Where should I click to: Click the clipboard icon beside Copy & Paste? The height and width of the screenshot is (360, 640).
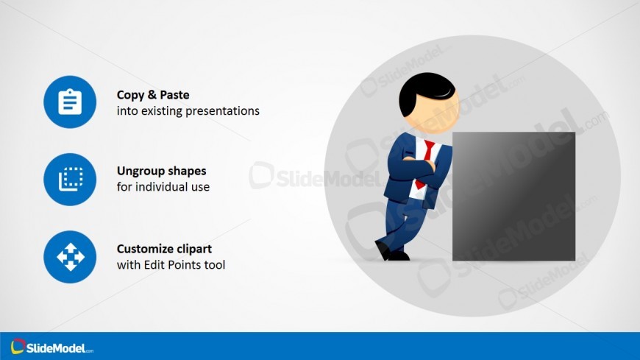pyautogui.click(x=70, y=102)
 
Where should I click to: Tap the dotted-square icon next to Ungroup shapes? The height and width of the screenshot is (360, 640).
pyautogui.click(x=70, y=180)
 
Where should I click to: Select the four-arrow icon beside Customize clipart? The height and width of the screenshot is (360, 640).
pyautogui.click(x=70, y=257)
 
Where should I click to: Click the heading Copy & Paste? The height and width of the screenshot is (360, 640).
pyautogui.click(x=153, y=95)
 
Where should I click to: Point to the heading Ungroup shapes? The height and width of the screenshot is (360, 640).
pyautogui.click(x=162, y=171)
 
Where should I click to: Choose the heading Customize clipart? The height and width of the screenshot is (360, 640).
pyautogui.click(x=165, y=249)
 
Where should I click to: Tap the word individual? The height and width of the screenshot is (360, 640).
pyautogui.click(x=157, y=187)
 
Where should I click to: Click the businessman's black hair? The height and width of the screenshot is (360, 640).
pyautogui.click(x=425, y=93)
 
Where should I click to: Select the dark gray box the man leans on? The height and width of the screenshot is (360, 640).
pyautogui.click(x=513, y=196)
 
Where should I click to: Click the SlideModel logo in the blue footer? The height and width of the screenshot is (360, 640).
pyautogui.click(x=52, y=347)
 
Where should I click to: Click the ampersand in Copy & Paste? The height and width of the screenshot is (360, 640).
pyautogui.click(x=152, y=95)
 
